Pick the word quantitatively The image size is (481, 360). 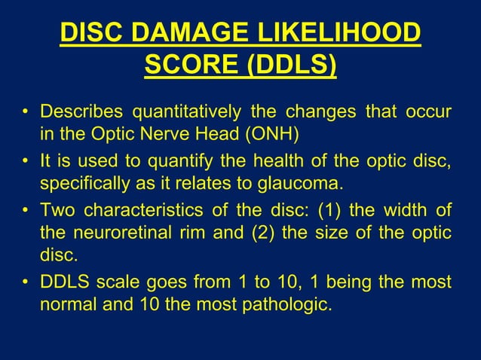[x=186, y=114]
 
